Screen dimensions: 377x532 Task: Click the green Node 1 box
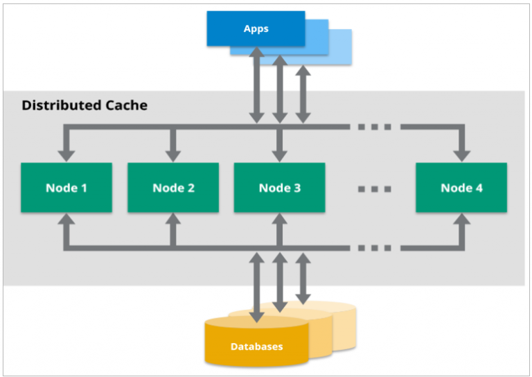pos(66,188)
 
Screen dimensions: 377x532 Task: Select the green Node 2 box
pos(173,188)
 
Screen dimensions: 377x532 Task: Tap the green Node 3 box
pos(280,188)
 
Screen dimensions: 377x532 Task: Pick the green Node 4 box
pos(461,188)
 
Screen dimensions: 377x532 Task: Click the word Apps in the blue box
pos(256,29)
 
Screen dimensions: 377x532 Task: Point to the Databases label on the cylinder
pos(256,346)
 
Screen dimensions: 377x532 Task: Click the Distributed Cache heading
pos(85,105)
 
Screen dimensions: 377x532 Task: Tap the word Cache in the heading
pos(126,105)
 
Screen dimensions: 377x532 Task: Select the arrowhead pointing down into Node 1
pos(66,155)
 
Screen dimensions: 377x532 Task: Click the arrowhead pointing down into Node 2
pos(173,155)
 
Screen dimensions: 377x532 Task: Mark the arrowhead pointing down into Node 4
pos(461,155)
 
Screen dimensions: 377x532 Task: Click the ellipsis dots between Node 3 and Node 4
pos(376,188)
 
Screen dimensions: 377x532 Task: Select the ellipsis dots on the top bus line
pos(375,128)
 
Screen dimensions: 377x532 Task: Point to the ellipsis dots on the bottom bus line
pos(375,247)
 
